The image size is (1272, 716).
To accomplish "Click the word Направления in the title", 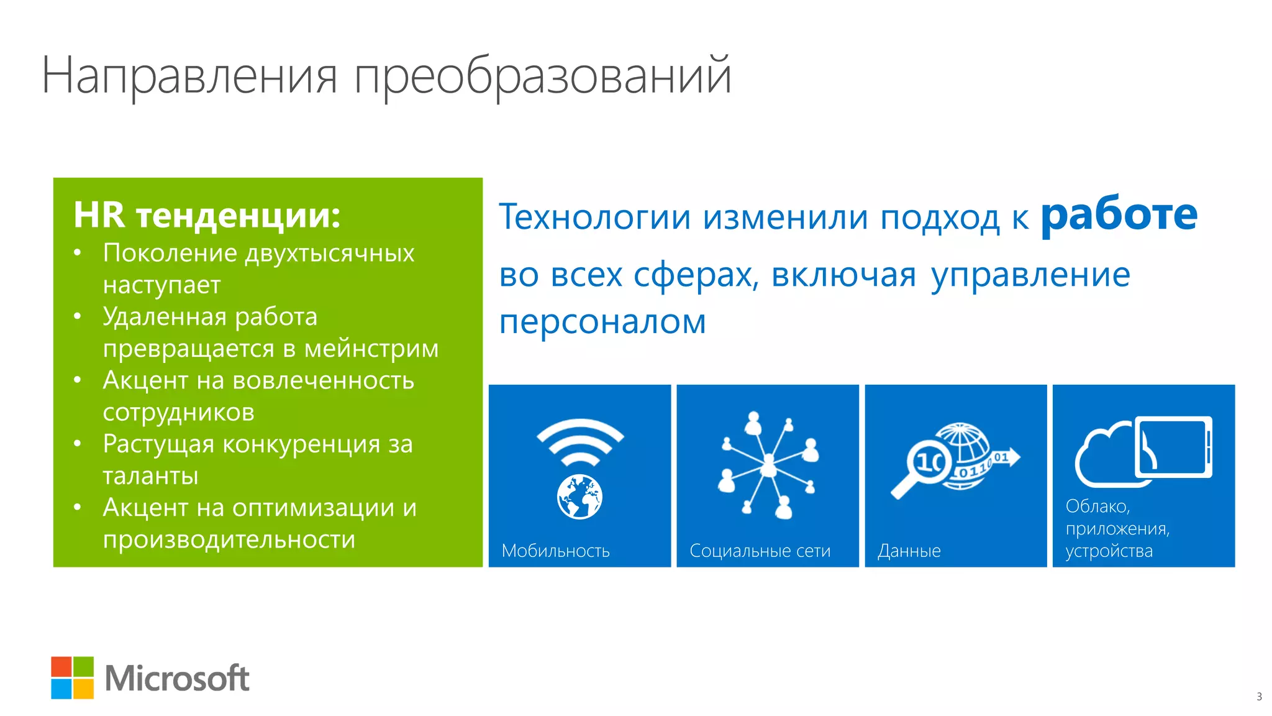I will click(x=189, y=76).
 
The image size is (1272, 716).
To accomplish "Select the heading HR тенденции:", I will click(x=207, y=215).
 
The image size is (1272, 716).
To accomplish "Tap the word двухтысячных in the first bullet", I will click(x=329, y=253).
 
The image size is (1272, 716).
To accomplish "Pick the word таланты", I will click(x=150, y=475).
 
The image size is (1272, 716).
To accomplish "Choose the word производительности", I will click(x=229, y=539).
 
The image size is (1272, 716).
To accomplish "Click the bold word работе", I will click(x=1119, y=214).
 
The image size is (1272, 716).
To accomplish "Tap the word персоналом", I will click(x=602, y=322).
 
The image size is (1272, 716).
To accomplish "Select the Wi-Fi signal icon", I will click(x=579, y=442).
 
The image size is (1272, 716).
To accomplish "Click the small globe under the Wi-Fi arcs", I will click(x=579, y=497).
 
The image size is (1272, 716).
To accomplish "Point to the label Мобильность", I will click(x=555, y=551).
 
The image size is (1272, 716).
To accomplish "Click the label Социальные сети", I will click(x=760, y=551).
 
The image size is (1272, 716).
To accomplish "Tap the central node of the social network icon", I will click(x=768, y=465).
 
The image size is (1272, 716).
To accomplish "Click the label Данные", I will click(x=909, y=551).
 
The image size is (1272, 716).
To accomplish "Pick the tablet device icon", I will click(x=1173, y=447).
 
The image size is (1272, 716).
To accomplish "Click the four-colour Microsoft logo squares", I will click(x=73, y=677).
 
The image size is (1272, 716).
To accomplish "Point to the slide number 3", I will click(x=1259, y=697).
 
